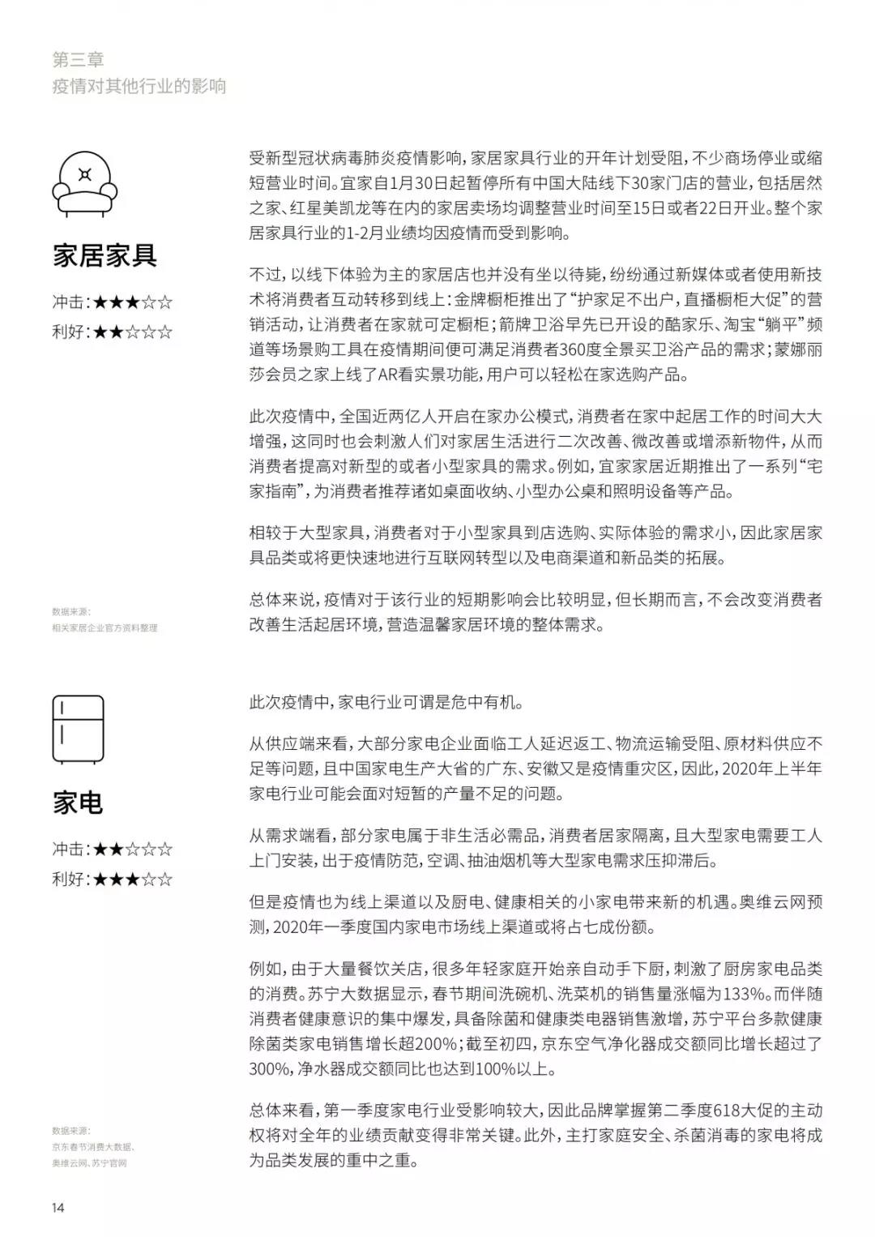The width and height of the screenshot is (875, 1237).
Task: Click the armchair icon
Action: [x=84, y=180]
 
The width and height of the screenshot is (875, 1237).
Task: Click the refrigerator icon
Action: [x=78, y=729]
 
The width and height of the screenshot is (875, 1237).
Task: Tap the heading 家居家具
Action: [x=105, y=255]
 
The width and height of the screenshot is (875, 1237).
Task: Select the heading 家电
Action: [x=78, y=803]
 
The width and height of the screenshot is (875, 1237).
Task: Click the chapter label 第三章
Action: [x=78, y=59]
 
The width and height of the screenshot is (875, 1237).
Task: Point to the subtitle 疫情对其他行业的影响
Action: [x=139, y=86]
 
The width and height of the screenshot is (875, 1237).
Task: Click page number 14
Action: [x=58, y=1208]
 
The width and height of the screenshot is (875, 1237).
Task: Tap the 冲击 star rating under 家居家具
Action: [x=113, y=302]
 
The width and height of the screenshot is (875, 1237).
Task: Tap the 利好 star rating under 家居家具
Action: [x=113, y=332]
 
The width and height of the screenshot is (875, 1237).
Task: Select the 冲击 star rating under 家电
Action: [x=113, y=850]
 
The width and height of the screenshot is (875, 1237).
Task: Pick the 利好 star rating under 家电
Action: [x=113, y=879]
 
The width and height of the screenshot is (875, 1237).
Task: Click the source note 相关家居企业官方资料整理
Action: [x=105, y=627]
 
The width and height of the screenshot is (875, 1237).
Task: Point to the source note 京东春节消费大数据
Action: [x=93, y=1146]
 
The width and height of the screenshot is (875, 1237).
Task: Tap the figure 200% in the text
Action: [x=436, y=1044]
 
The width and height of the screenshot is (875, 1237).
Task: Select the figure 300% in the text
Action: [x=269, y=1069]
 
